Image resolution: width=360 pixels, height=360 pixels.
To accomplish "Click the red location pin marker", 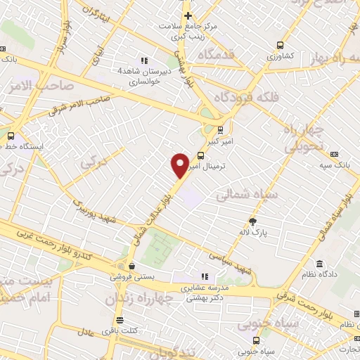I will [x=179, y=165].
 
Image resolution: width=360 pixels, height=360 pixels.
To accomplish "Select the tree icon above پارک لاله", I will [x=263, y=220].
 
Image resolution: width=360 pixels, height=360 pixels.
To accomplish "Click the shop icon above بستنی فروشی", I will [x=131, y=266].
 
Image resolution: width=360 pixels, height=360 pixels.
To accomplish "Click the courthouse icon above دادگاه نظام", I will [x=320, y=264].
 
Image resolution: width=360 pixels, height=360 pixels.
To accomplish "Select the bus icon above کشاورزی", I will [x=281, y=42].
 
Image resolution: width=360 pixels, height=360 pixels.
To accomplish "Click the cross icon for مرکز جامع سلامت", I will [x=188, y=15].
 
